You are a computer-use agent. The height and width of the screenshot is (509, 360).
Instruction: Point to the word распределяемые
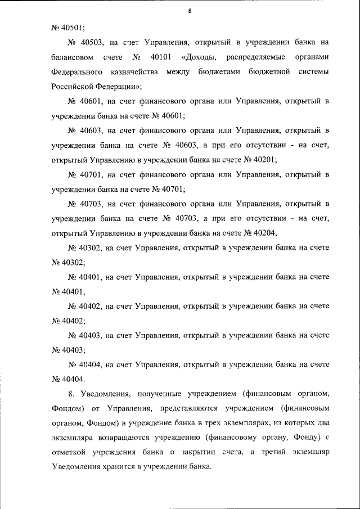[x=256, y=57]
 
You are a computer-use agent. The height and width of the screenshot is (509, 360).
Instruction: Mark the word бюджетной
[x=267, y=73]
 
